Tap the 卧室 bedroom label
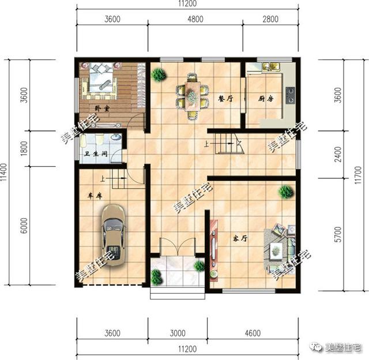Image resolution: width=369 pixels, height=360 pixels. click(103, 107)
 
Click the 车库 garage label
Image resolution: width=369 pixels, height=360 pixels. click(95, 196)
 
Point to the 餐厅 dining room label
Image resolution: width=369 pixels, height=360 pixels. click(225, 98)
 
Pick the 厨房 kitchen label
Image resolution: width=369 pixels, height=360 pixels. click(265, 98)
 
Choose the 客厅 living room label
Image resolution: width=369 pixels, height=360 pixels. click(240, 238)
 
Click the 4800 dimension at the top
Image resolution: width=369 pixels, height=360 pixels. click(195, 19)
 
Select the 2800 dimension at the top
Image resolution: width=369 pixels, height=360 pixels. click(270, 19)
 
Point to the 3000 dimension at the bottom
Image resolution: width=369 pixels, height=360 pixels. click(178, 333)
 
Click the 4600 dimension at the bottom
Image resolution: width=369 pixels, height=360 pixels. click(252, 333)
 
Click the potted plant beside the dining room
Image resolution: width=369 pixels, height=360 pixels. click(159, 74)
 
